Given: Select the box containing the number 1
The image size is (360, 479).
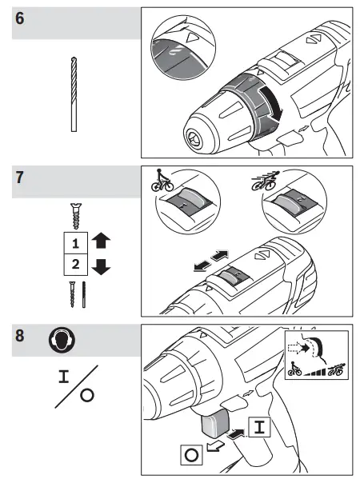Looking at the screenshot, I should (74, 240).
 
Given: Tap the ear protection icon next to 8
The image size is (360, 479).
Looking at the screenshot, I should (62, 339).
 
